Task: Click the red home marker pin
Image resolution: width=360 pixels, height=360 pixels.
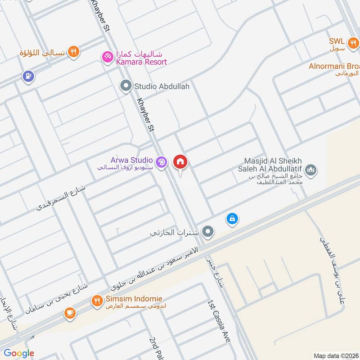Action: pos(180,162)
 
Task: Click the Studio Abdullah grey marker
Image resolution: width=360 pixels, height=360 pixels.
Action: pos(126,85)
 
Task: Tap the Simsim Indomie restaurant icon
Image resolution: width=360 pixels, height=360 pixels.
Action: pos(97,301)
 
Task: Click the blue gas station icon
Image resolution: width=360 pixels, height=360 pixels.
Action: pos(28,76)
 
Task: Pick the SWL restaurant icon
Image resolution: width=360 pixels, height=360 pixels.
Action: pos(354,43)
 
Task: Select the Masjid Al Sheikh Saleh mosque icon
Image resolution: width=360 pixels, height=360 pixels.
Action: pos(311,170)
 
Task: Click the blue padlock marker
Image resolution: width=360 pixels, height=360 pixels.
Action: pos(232,219)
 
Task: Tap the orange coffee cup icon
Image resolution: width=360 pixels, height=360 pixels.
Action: pos(70,313)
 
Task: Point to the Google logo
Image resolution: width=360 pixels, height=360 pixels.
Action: pos(19,353)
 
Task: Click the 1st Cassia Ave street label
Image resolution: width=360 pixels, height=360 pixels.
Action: pos(219,322)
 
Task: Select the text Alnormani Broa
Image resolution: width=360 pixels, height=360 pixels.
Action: pos(334,66)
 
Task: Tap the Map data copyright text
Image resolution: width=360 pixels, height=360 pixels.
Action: pos(335,355)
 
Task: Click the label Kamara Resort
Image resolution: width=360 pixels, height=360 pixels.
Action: pos(142,62)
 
